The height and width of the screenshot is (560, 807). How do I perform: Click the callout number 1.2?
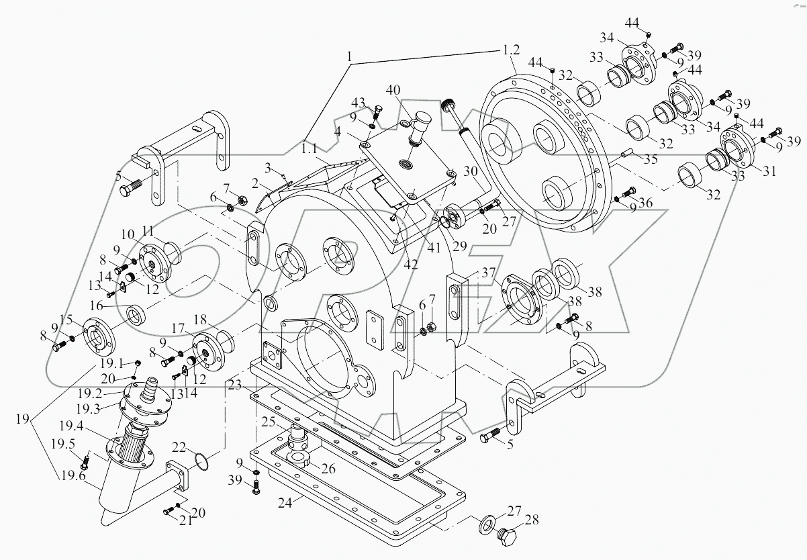coord(511,51)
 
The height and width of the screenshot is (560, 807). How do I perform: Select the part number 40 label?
coord(393,90)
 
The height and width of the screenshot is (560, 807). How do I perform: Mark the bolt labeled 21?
coord(168,513)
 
